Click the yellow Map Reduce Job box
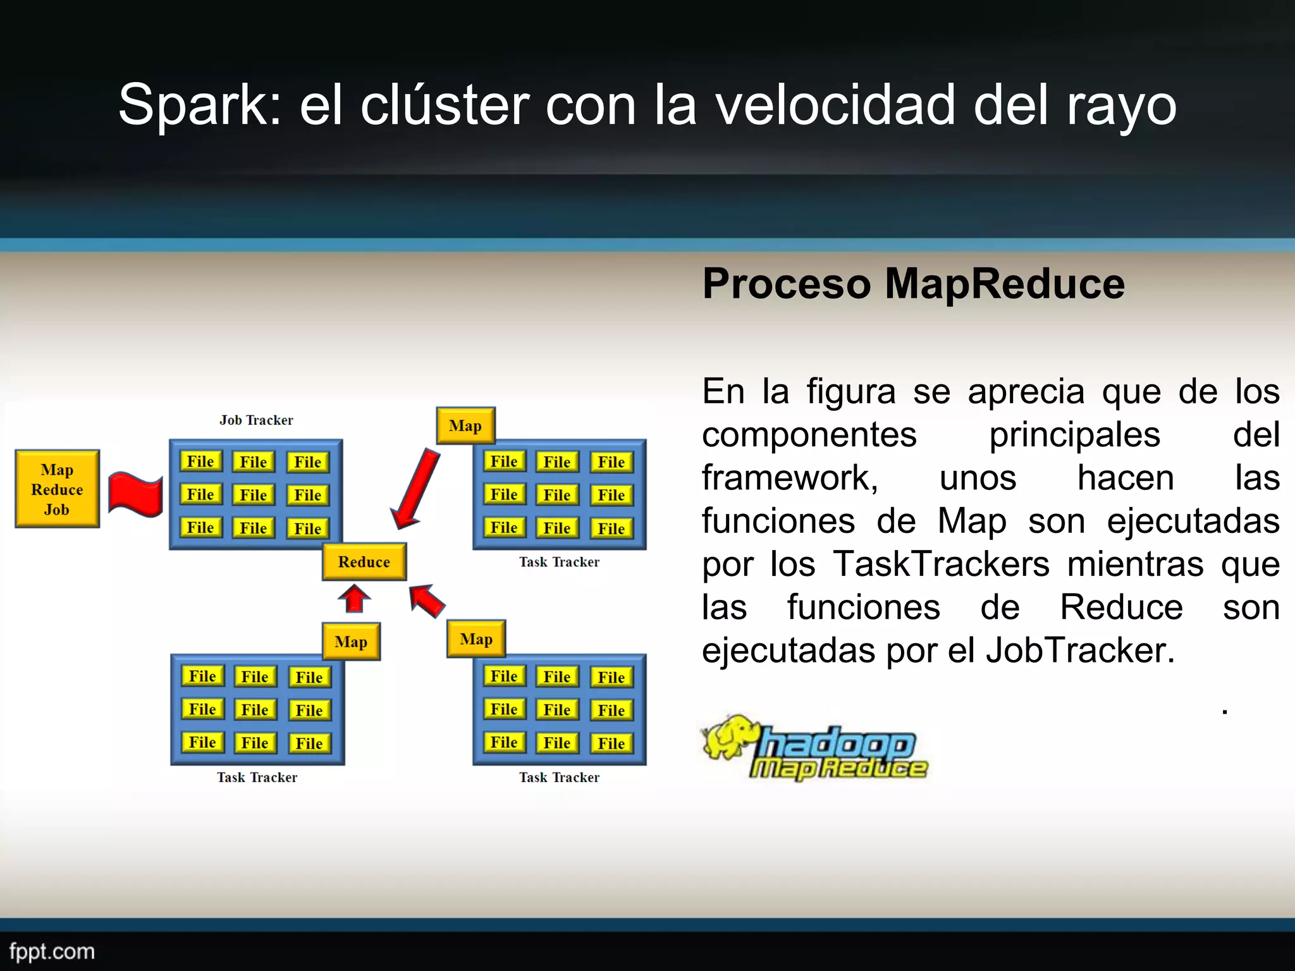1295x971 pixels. pyautogui.click(x=57, y=489)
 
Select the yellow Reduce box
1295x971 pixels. pyautogui.click(x=364, y=561)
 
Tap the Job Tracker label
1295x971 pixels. pyautogui.click(x=256, y=420)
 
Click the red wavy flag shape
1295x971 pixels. pyautogui.click(x=135, y=494)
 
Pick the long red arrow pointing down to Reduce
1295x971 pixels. pyautogui.click(x=416, y=489)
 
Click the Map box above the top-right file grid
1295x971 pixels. pyautogui.click(x=465, y=425)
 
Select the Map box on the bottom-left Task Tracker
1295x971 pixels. pyautogui.click(x=351, y=642)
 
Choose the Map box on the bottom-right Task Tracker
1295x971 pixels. pyautogui.click(x=476, y=639)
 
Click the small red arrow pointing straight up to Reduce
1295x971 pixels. pyautogui.click(x=355, y=598)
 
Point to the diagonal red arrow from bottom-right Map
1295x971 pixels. pyautogui.click(x=427, y=600)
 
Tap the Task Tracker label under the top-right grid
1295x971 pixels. pyautogui.click(x=559, y=561)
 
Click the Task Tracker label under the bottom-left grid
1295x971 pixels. pyautogui.click(x=257, y=777)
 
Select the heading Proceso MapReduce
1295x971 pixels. pyautogui.click(x=913, y=283)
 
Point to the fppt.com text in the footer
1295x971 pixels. pyautogui.click(x=52, y=951)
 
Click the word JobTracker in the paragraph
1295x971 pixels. pyautogui.click(x=1080, y=650)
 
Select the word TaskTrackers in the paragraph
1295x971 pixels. pyautogui.click(x=942, y=563)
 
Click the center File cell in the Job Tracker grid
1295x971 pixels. pyautogui.click(x=254, y=494)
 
